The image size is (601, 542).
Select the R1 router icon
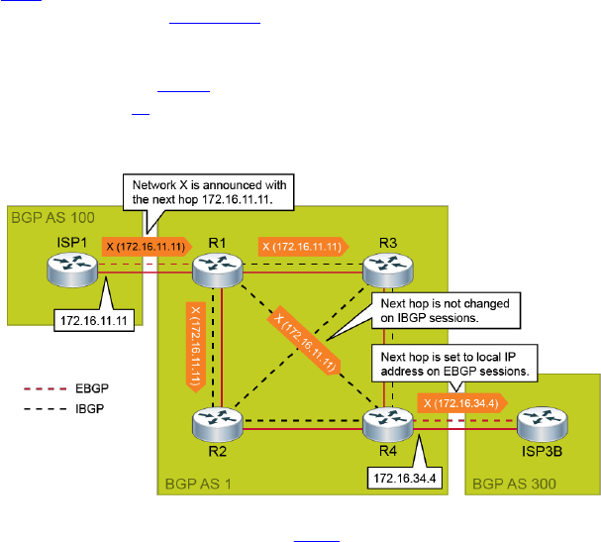(x=218, y=267)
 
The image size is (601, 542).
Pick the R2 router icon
(x=218, y=423)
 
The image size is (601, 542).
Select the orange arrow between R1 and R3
(x=301, y=244)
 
